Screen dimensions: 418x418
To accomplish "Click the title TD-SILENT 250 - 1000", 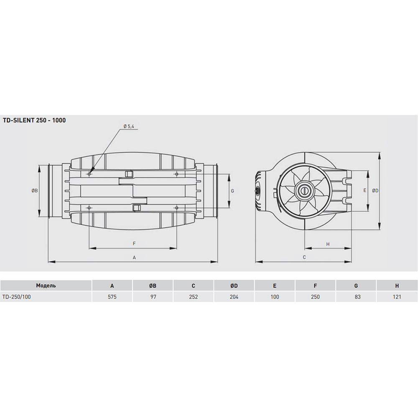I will [34, 120].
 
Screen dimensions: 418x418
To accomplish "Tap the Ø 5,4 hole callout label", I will [128, 127].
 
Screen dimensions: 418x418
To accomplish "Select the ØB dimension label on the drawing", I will [35, 191].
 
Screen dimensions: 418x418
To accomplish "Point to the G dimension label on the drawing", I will [232, 191].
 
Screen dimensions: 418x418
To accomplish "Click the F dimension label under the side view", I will [134, 243].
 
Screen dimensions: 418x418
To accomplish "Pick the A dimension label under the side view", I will [134, 258].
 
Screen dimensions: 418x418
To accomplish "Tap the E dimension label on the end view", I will [364, 191].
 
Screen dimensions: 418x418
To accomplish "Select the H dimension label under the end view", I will [328, 244].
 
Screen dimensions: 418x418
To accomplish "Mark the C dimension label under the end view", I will [304, 257].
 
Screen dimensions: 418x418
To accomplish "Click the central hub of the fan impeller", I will [303, 191].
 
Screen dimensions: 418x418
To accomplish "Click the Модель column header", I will [46, 286].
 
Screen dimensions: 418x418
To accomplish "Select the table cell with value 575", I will [112, 297].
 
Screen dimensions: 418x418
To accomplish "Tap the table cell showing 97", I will [153, 297].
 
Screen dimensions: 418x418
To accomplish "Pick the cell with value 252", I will [193, 297].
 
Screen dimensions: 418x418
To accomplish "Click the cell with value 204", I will [234, 297].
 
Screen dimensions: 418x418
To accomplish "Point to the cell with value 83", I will [356, 297].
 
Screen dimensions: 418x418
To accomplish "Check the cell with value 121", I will [397, 297].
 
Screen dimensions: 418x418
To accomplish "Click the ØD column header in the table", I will [234, 286].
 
